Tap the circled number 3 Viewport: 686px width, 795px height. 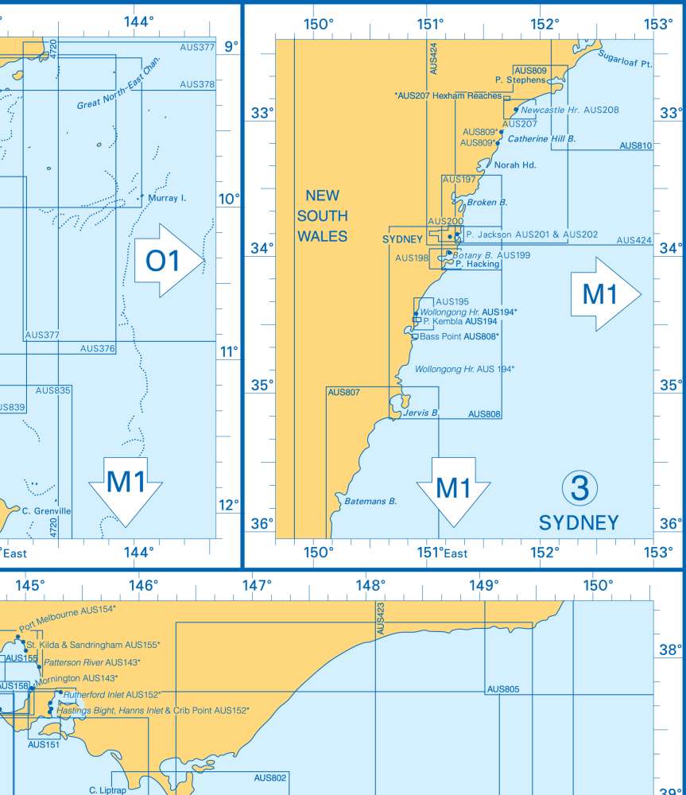(579, 488)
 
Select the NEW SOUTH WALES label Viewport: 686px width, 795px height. (322, 215)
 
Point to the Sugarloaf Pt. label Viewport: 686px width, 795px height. (625, 59)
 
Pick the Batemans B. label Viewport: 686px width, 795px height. (370, 501)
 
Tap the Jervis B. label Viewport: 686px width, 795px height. (421, 413)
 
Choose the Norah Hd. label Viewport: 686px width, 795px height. (515, 165)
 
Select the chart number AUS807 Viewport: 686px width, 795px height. (343, 392)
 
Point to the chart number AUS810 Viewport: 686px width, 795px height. (635, 145)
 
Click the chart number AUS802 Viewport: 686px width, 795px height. (270, 778)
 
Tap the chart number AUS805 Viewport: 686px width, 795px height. (503, 689)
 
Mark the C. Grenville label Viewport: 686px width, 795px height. (47, 511)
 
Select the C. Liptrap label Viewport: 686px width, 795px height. (107, 791)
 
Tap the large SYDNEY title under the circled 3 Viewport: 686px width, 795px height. (579, 522)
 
